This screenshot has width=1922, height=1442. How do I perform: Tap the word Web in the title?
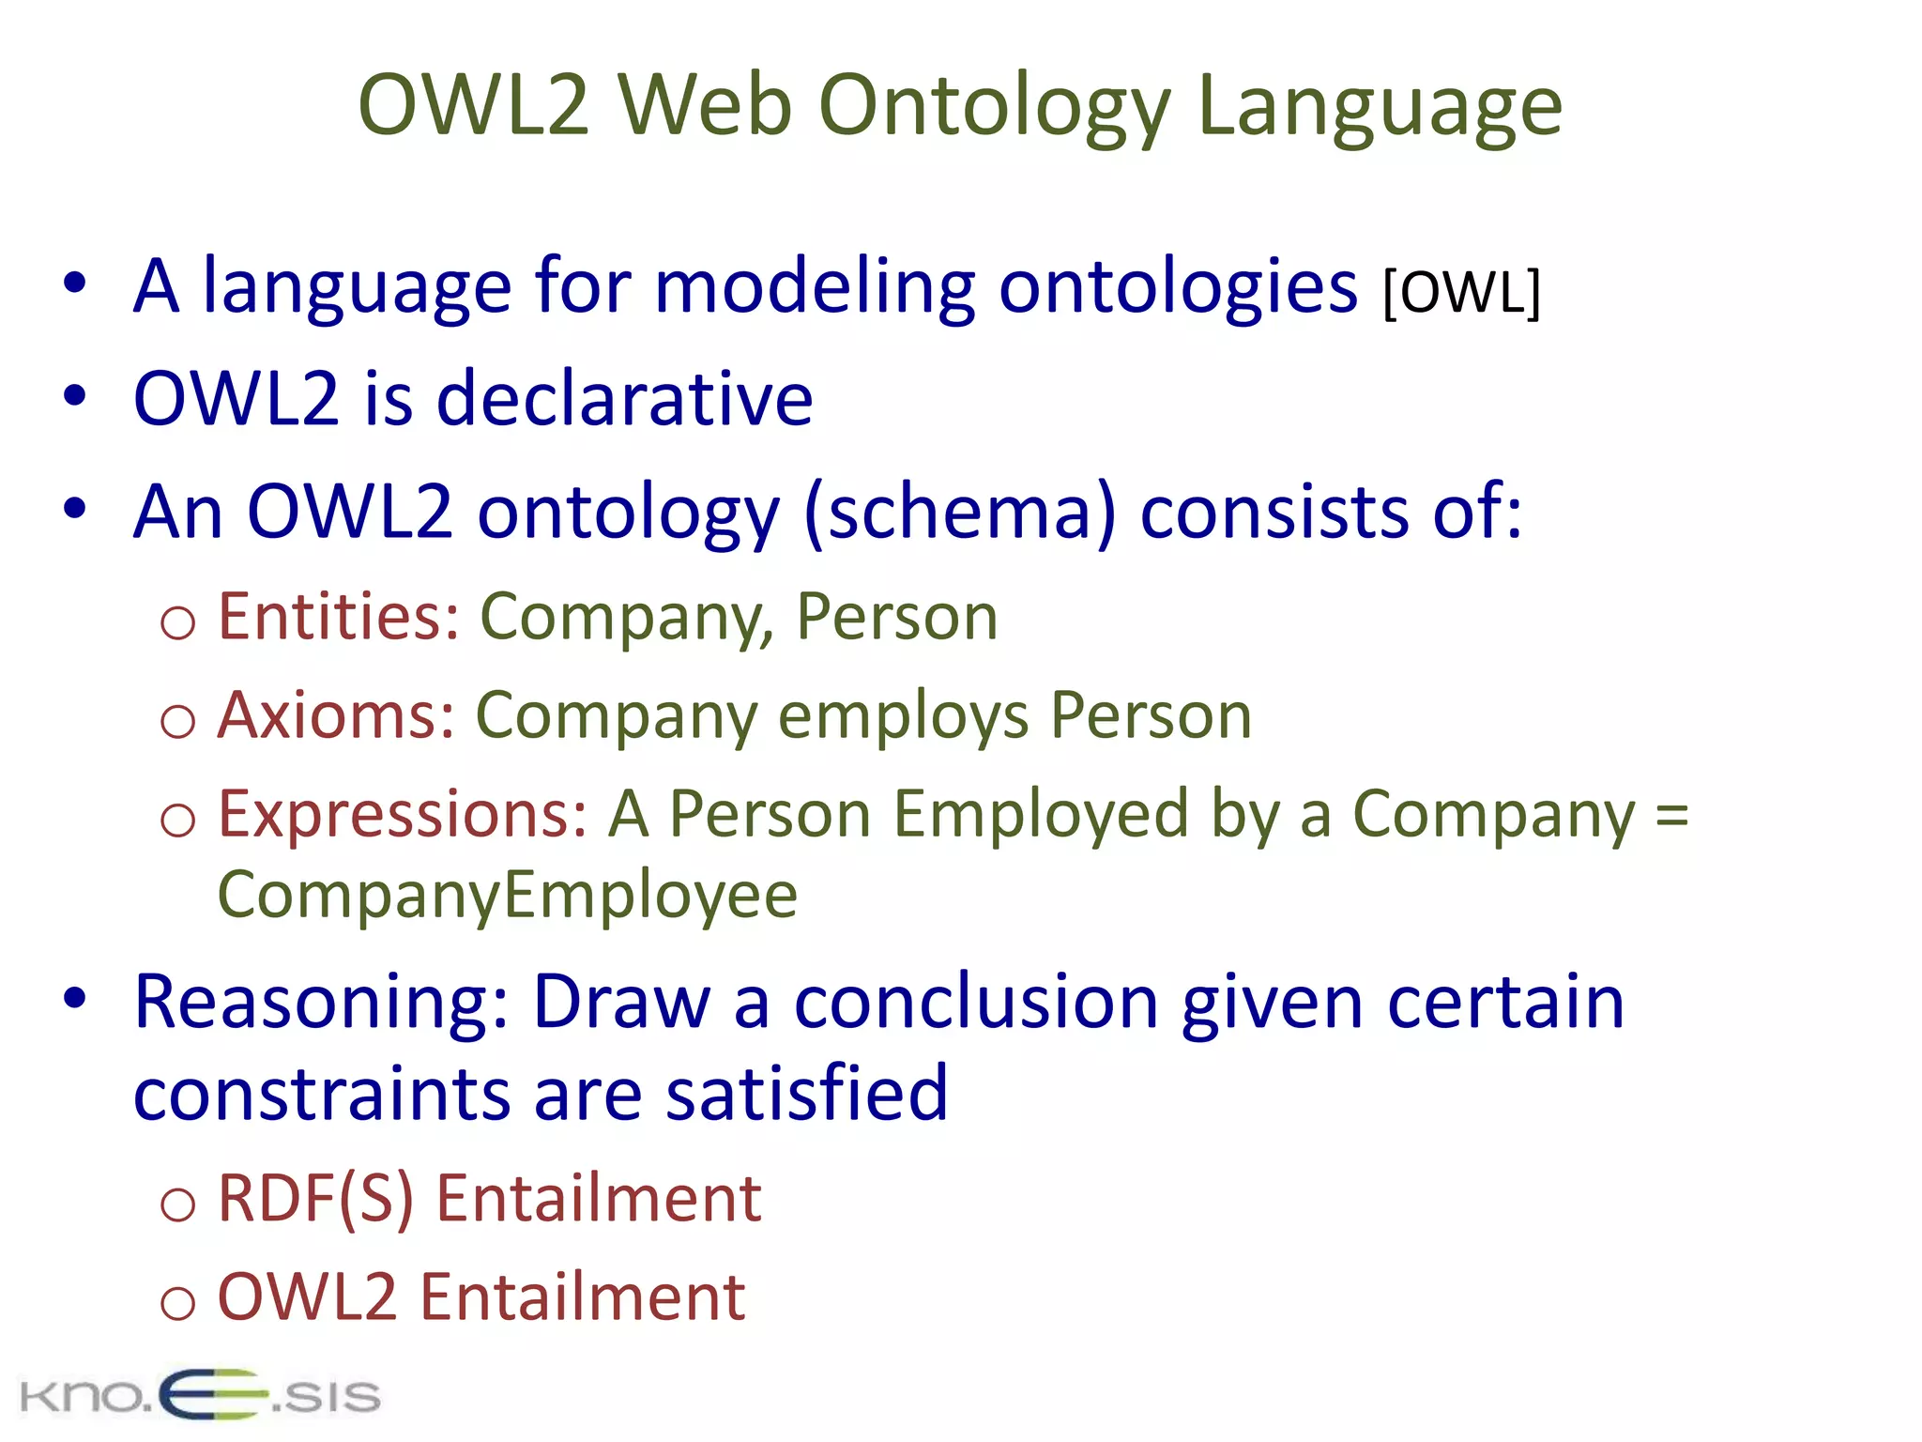(704, 105)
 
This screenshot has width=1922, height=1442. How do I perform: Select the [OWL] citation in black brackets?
(1461, 293)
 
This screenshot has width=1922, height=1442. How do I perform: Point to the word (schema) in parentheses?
(960, 513)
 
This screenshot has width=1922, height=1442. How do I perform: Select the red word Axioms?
(336, 715)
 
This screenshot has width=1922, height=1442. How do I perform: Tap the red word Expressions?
(403, 814)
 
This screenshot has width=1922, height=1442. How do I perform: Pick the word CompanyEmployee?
(508, 895)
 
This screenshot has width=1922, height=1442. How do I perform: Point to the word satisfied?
(807, 1093)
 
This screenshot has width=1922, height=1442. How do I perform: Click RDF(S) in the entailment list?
(315, 1199)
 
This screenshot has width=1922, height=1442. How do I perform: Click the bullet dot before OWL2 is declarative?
(75, 395)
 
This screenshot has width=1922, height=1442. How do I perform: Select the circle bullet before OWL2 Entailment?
(177, 1303)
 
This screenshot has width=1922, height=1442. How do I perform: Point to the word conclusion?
(976, 1003)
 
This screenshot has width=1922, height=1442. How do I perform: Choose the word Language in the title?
(1380, 105)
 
